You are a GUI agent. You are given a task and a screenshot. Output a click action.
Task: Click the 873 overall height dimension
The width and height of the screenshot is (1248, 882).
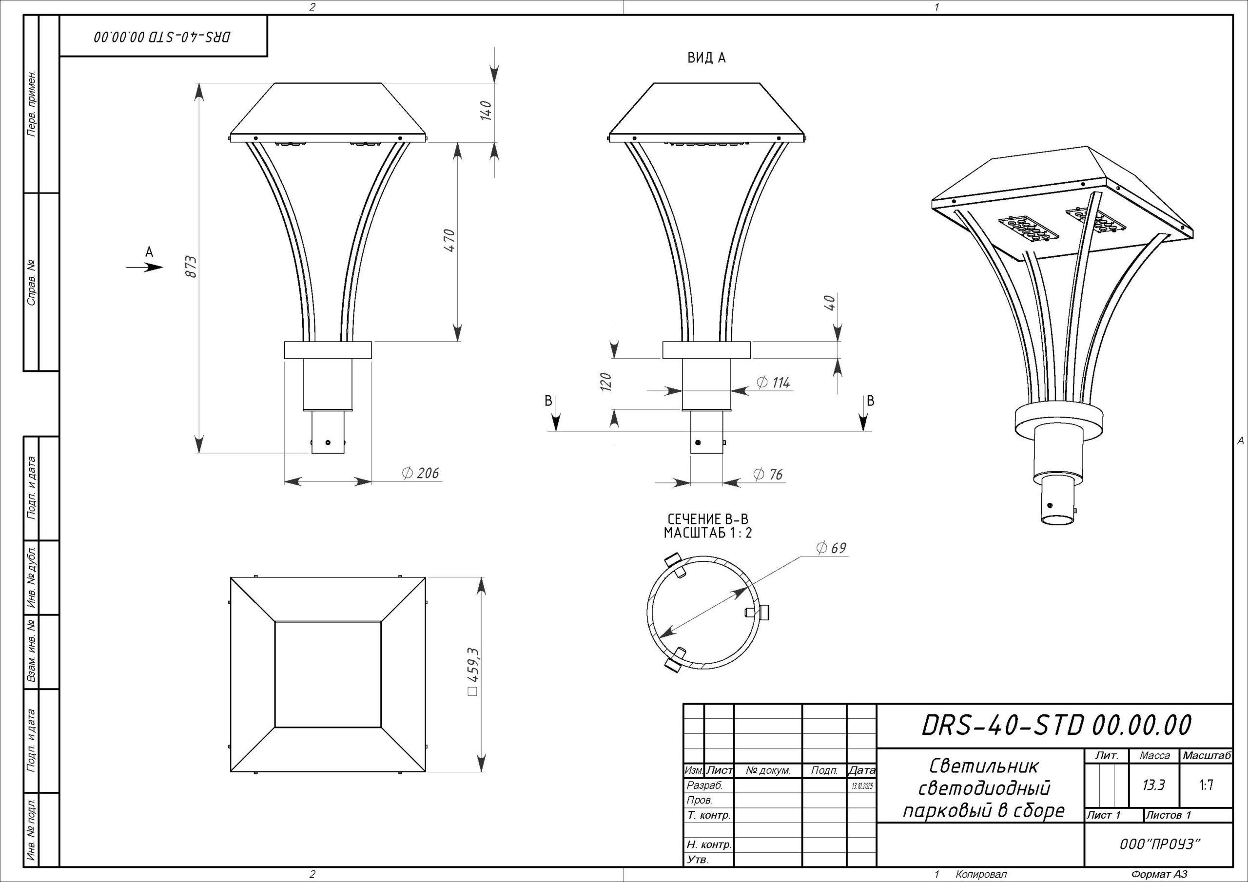[x=191, y=267]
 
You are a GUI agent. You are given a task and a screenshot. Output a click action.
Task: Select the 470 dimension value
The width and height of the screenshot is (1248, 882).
[x=449, y=240]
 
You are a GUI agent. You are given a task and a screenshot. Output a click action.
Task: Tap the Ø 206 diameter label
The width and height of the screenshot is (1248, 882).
[x=420, y=473]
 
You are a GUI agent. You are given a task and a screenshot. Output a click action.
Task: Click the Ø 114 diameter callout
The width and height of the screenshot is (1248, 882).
[x=774, y=383]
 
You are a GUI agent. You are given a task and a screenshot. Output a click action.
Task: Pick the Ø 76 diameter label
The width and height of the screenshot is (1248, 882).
[x=768, y=475]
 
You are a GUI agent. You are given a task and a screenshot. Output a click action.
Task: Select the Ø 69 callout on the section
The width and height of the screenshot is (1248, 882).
[x=832, y=548]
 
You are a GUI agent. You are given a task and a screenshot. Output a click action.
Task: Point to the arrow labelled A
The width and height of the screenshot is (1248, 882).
[x=145, y=268]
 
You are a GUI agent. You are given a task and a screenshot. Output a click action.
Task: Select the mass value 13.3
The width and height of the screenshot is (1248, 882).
[x=1153, y=785]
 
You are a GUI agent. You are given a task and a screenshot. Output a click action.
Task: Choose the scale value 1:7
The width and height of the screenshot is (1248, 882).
[x=1206, y=785]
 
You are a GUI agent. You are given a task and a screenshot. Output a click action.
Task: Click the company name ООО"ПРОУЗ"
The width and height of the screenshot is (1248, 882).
[x=1159, y=844]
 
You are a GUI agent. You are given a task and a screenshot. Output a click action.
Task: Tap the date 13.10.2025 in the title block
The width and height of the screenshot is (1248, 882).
[x=862, y=786]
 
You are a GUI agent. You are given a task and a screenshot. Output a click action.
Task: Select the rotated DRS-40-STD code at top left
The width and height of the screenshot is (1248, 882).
[x=162, y=37]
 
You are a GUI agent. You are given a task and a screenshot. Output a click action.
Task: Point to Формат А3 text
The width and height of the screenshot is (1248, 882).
[x=1159, y=874]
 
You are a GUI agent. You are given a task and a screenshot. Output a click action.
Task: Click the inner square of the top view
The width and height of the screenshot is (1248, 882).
[x=328, y=674]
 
